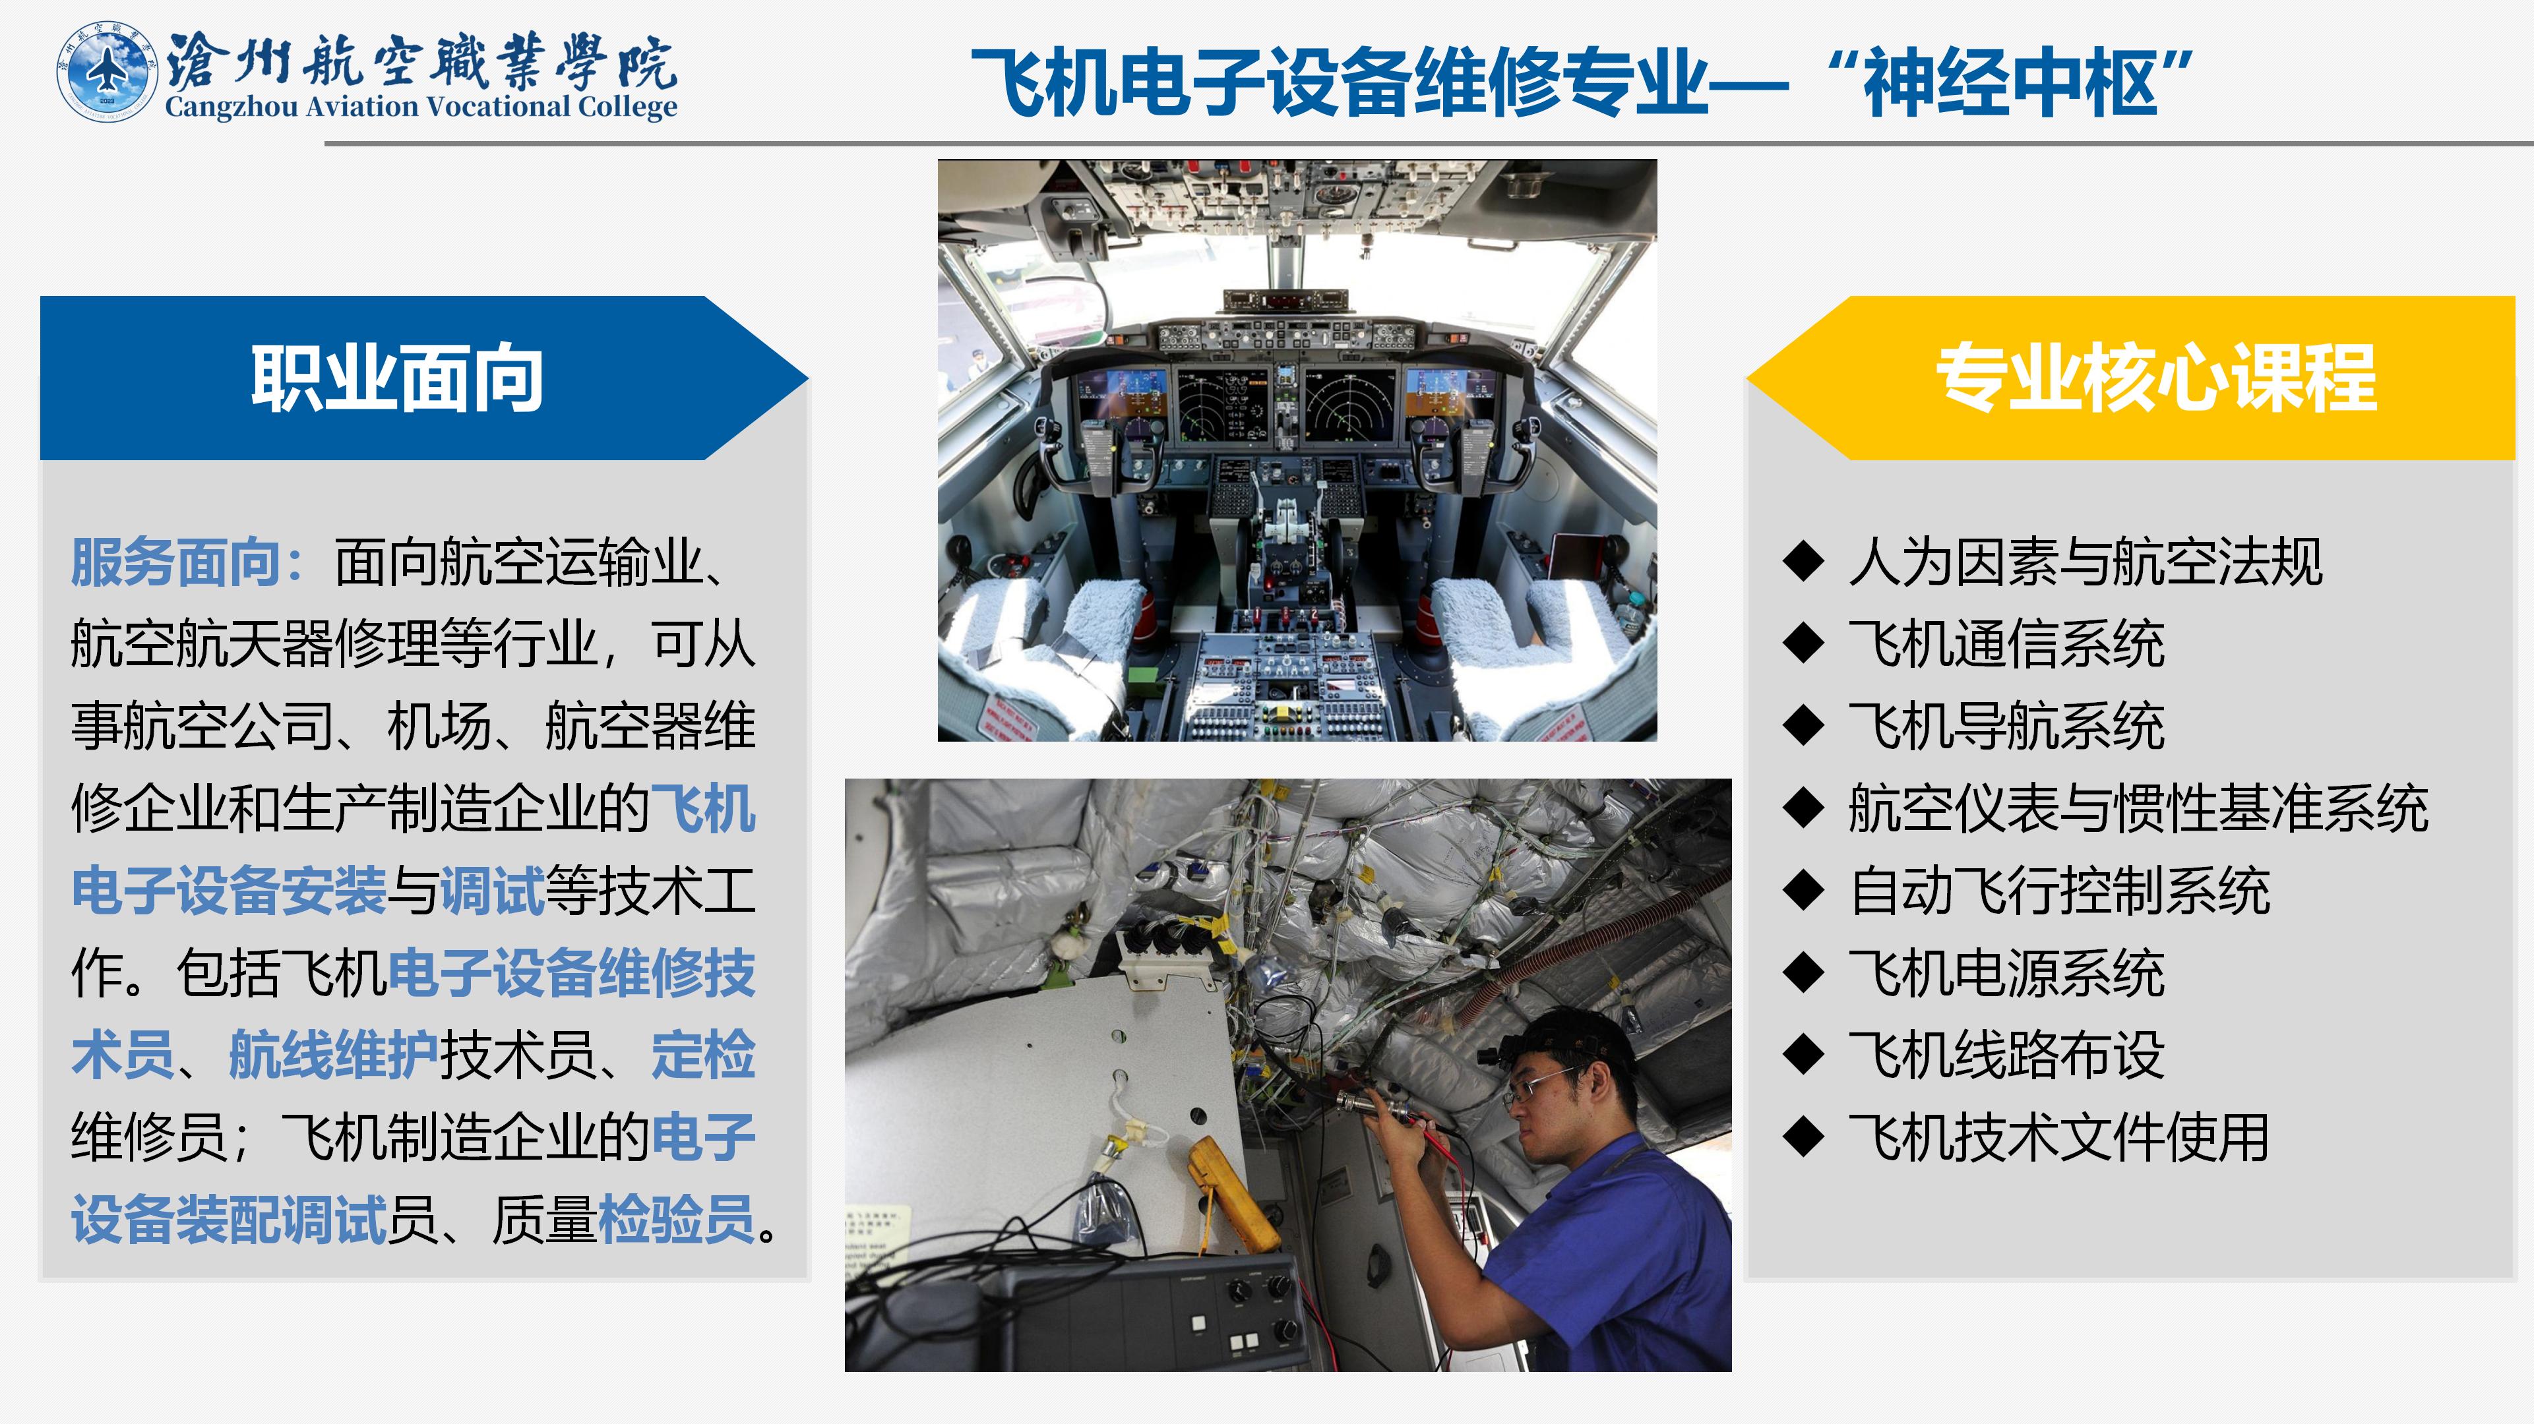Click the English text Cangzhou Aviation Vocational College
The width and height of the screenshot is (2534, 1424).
[x=421, y=106]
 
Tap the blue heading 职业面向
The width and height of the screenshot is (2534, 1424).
[x=398, y=378]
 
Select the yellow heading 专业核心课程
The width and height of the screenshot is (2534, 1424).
[x=2156, y=378]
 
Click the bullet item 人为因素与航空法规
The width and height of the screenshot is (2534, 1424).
[x=2086, y=562]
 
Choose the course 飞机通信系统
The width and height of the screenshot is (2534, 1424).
[x=2007, y=644]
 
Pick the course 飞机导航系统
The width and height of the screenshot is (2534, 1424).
[x=2007, y=727]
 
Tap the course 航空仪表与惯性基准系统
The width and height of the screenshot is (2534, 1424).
[x=2138, y=808]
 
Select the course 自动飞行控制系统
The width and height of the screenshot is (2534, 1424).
[x=2060, y=891]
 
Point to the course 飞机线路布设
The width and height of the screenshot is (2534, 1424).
[x=2007, y=1055]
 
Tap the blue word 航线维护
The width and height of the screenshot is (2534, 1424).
[x=334, y=1055]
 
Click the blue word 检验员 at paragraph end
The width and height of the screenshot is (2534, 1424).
[x=677, y=1220]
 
